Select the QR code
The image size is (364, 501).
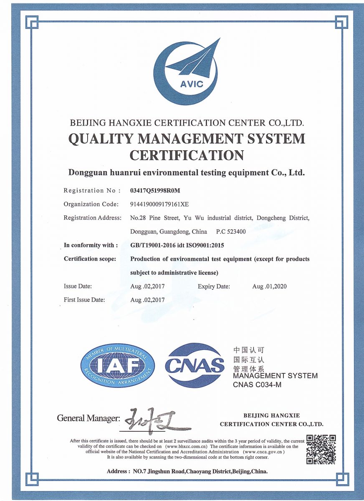pyautogui.click(x=321, y=449)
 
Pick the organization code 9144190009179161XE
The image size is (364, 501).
pyautogui.click(x=159, y=204)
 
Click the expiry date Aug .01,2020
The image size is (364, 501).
pyautogui.click(x=269, y=286)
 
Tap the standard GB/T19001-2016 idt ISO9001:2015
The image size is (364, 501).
pyautogui.click(x=177, y=245)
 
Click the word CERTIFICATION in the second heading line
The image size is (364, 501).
pyautogui.click(x=187, y=155)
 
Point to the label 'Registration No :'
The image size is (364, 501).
pyautogui.click(x=92, y=190)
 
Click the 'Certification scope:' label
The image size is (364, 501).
pyautogui.click(x=90, y=259)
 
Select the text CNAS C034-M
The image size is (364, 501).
pyautogui.click(x=257, y=385)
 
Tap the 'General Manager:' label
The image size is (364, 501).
pyautogui.click(x=88, y=418)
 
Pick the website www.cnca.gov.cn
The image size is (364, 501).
pyautogui.click(x=264, y=452)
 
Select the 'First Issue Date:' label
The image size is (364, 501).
pyautogui.click(x=84, y=300)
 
